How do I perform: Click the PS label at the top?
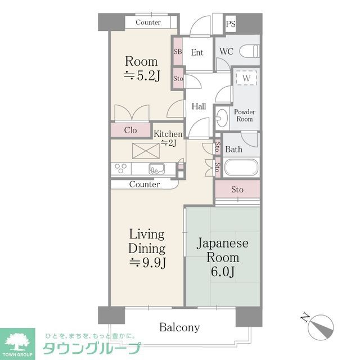(231, 24)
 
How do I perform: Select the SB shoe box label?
(178, 52)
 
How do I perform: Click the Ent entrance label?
(197, 52)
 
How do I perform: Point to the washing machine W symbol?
(246, 79)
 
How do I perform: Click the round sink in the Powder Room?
(222, 119)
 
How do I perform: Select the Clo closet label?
(130, 130)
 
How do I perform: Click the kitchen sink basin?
(157, 168)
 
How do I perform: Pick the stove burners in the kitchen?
(121, 168)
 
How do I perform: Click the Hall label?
(199, 106)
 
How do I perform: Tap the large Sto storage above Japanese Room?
(237, 190)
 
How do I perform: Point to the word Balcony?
(179, 327)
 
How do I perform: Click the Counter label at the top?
(148, 22)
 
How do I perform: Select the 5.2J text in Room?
(141, 77)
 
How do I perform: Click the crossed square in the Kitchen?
(146, 151)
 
